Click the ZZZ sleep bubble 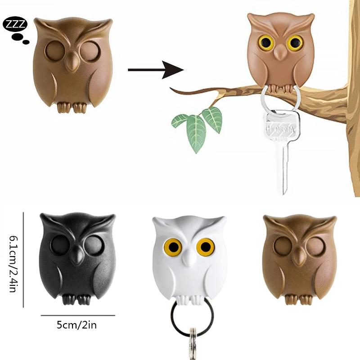(15, 25)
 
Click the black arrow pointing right (155, 70)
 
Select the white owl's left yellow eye (173, 247)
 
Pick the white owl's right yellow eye (206, 246)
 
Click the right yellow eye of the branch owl (295, 43)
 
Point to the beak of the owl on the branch (279, 53)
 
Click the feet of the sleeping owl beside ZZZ (72, 107)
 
